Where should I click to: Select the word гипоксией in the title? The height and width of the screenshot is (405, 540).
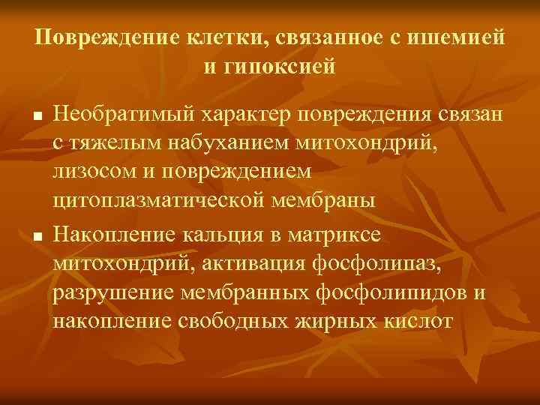coord(269,66)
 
